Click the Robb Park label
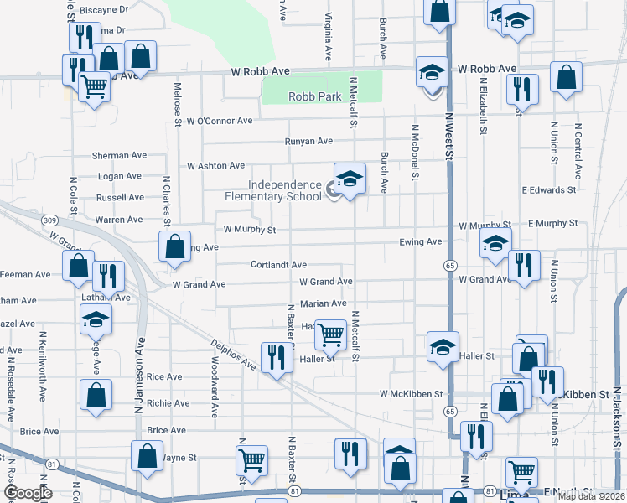pyautogui.click(x=314, y=97)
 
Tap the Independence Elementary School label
pyautogui.click(x=272, y=190)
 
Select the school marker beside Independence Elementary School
pyautogui.click(x=350, y=178)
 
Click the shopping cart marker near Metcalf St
pyautogui.click(x=331, y=334)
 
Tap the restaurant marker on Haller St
pyautogui.click(x=274, y=358)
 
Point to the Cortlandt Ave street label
pyautogui.click(x=278, y=265)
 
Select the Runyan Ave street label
pyautogui.click(x=308, y=142)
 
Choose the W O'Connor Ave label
pyautogui.click(x=220, y=122)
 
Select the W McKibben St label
pyautogui.click(x=411, y=393)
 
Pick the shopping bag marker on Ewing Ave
pyautogui.click(x=174, y=248)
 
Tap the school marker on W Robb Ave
pyautogui.click(x=433, y=72)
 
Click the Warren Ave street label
pyautogui.click(x=119, y=220)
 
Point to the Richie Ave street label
pyautogui.click(x=168, y=403)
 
